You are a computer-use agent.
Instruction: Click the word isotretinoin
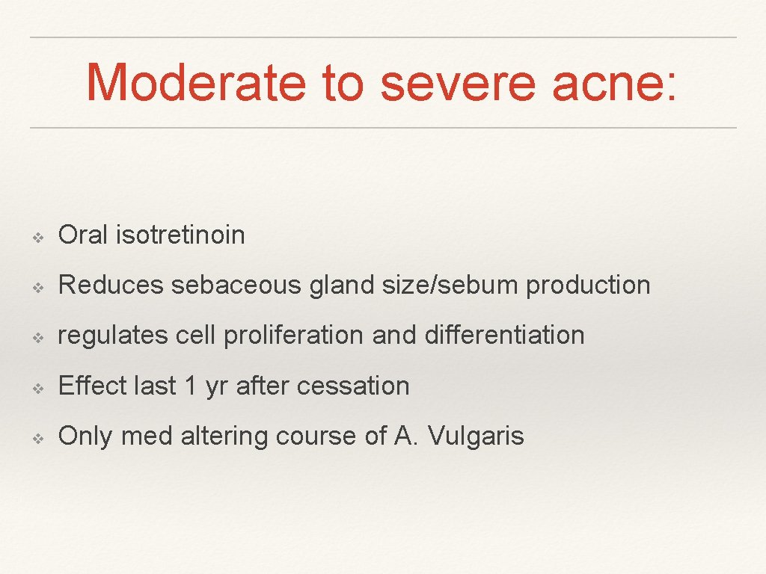[x=180, y=235]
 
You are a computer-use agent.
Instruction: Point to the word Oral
[x=84, y=235]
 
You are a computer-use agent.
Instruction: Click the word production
[x=588, y=286]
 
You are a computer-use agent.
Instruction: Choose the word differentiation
[x=504, y=336]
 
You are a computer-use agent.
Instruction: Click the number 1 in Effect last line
[x=191, y=386]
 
